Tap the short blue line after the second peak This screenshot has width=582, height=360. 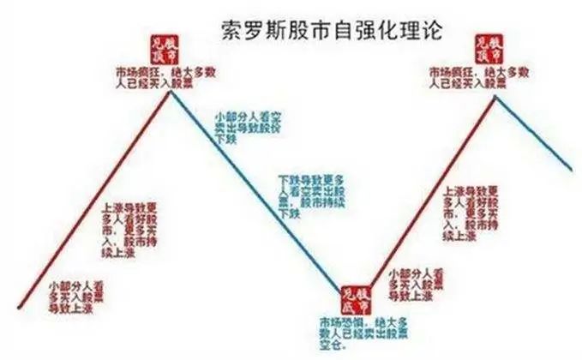536,133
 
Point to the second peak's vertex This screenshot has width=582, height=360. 495,97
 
